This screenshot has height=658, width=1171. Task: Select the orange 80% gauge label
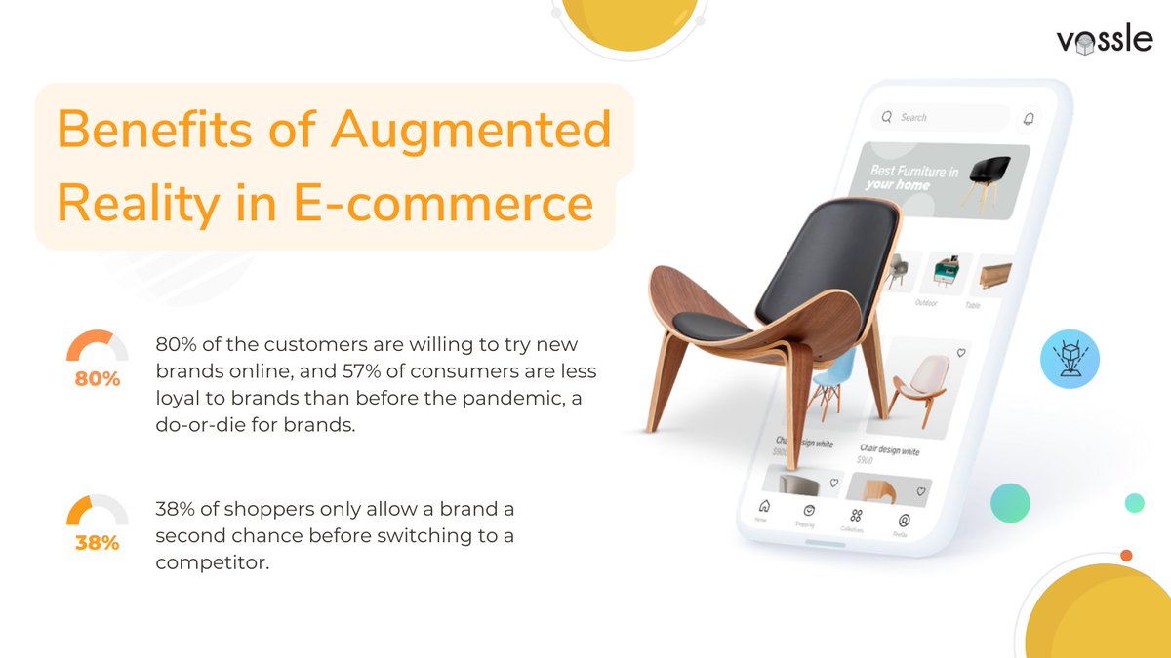point(98,379)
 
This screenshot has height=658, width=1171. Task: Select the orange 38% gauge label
point(98,543)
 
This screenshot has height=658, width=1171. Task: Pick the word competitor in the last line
point(210,562)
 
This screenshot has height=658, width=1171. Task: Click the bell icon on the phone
point(1028,119)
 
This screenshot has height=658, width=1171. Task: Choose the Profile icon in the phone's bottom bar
point(904,521)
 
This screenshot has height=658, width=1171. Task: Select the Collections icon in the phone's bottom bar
point(856,515)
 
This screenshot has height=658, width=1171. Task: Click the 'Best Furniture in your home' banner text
point(912,177)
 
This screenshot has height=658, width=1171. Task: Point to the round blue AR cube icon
point(1070,357)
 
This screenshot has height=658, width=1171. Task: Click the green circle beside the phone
point(1010,503)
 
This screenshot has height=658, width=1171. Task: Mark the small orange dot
point(1126,556)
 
